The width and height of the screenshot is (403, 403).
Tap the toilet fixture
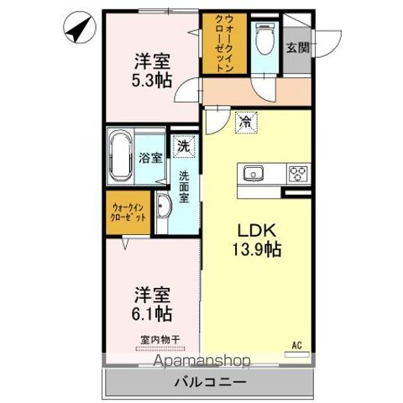265,39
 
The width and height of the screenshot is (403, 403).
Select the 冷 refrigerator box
245,123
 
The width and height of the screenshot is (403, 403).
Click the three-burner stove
297,174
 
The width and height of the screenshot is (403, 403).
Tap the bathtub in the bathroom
120,156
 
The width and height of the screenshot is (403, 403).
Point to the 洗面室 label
183,187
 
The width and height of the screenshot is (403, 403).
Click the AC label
296,344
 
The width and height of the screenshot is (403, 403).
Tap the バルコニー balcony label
210,382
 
